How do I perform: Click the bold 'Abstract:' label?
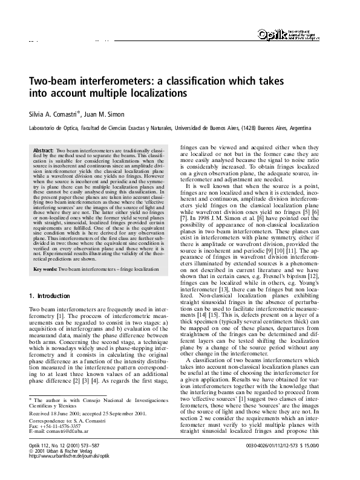click(x=44, y=149)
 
